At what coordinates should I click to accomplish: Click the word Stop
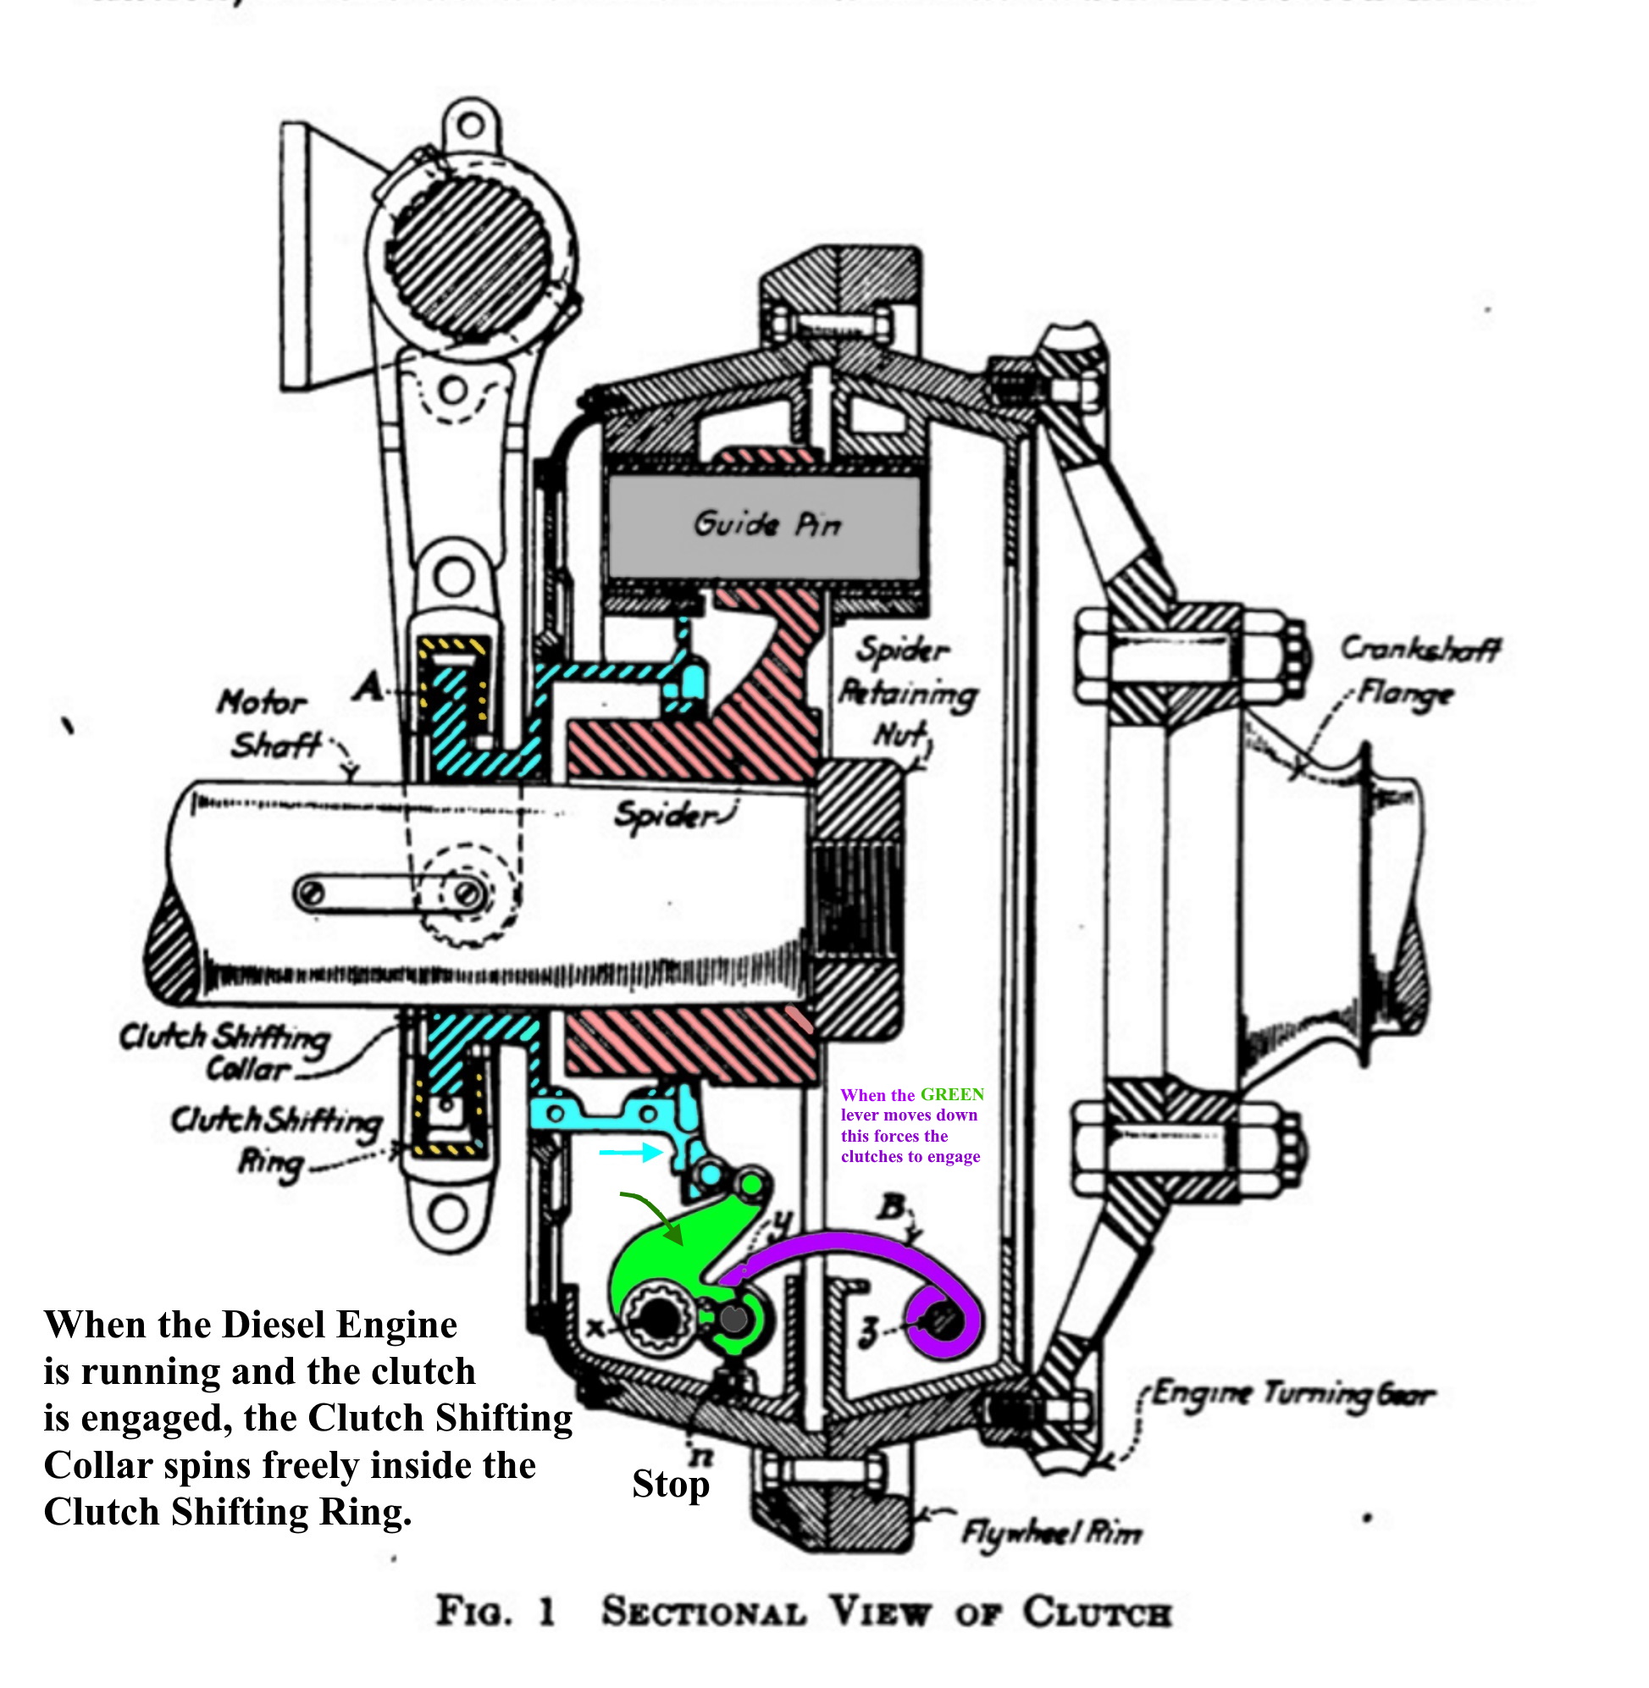670,1485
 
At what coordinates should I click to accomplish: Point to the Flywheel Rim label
1051,1534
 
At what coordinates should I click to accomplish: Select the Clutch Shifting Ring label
275,1138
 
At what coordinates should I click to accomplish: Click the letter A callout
369,688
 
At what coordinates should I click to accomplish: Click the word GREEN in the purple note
952,1095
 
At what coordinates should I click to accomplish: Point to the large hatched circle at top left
468,252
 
